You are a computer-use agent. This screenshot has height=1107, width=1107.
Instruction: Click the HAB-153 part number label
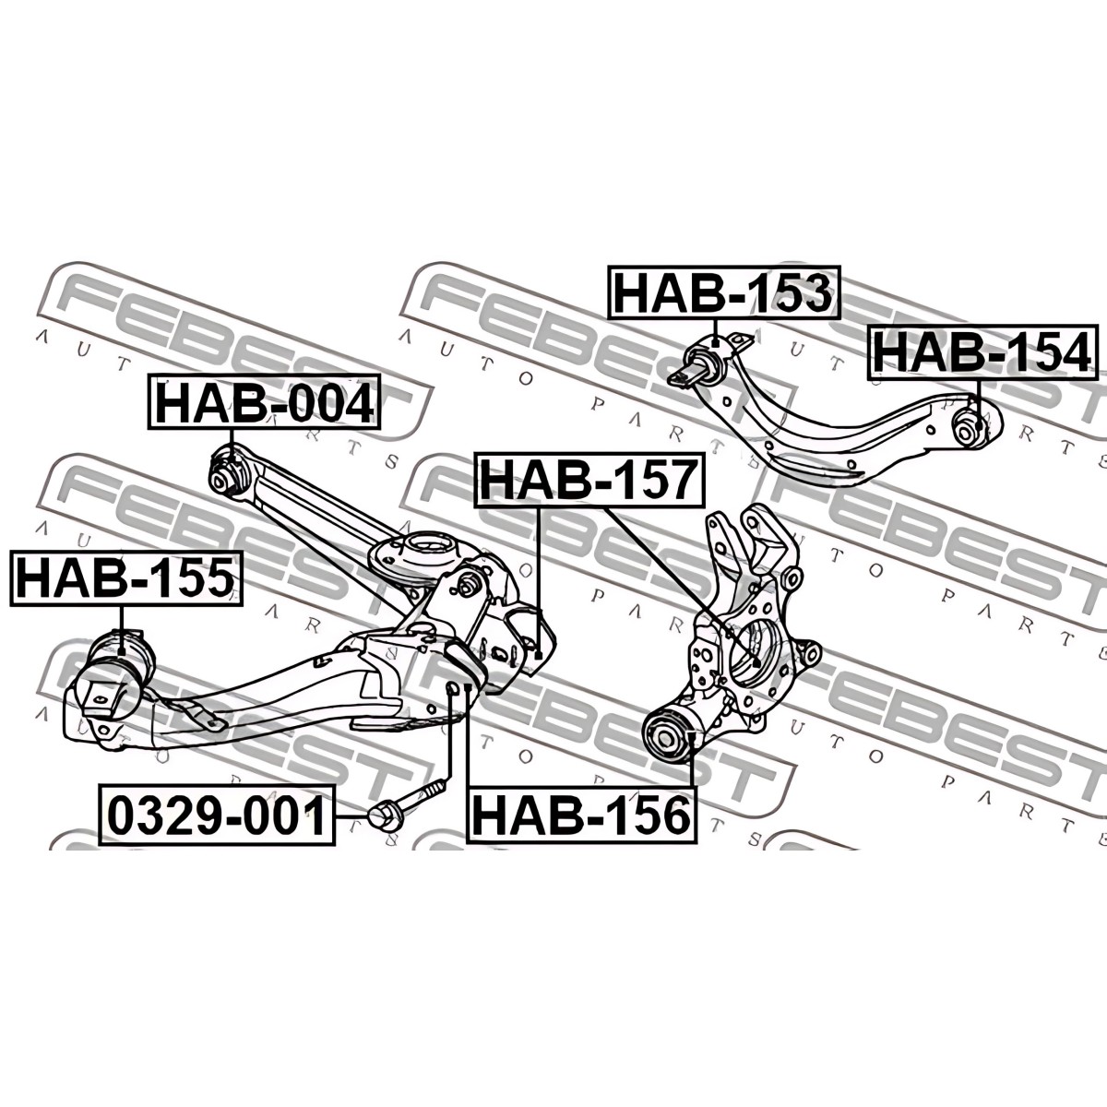coord(724,292)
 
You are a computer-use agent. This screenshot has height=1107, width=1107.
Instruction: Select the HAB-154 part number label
coord(982,352)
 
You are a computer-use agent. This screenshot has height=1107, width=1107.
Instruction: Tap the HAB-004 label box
coord(264,401)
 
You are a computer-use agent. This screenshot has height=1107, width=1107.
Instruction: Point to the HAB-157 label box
coord(589,479)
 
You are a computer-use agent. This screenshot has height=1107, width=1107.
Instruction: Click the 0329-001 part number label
coord(218,816)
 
